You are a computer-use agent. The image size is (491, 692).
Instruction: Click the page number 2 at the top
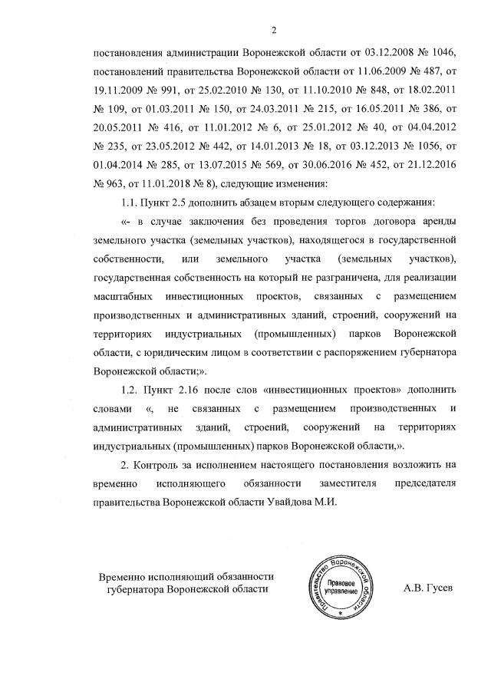274,30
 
